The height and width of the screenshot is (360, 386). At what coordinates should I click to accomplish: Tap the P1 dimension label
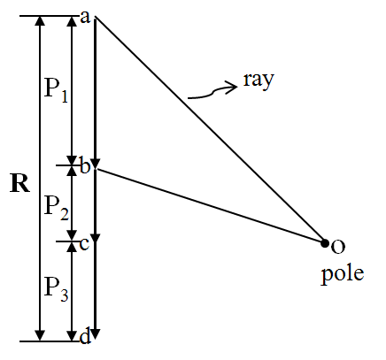pos(56,88)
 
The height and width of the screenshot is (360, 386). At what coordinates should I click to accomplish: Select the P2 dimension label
pos(57,207)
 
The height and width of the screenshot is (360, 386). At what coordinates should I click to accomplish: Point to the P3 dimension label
pos(57,289)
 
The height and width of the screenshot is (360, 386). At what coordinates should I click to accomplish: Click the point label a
pos(85,18)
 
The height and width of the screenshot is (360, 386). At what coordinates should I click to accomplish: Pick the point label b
pos(85,166)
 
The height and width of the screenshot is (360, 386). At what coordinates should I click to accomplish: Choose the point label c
pos(84,244)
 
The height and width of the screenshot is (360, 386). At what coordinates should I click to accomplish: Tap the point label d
pos(85,336)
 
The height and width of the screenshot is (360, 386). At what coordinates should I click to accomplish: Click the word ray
pos(259,80)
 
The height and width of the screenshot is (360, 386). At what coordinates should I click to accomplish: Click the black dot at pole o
pos(325,243)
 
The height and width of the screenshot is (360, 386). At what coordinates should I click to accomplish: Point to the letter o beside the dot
pos(338,247)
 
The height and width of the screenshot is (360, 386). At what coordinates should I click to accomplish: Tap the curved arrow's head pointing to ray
pos(232,87)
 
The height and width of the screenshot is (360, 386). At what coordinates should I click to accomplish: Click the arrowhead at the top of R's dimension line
pos(40,21)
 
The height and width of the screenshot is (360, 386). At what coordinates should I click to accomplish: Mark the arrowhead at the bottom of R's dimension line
pos(40,335)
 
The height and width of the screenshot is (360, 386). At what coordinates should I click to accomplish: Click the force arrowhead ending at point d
pos(96,333)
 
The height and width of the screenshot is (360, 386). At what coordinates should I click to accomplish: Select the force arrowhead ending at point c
pos(96,239)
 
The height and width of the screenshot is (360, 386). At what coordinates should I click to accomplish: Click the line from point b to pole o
pos(210,205)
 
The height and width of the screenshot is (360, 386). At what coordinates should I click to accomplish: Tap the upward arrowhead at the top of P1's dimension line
pos(72,21)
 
